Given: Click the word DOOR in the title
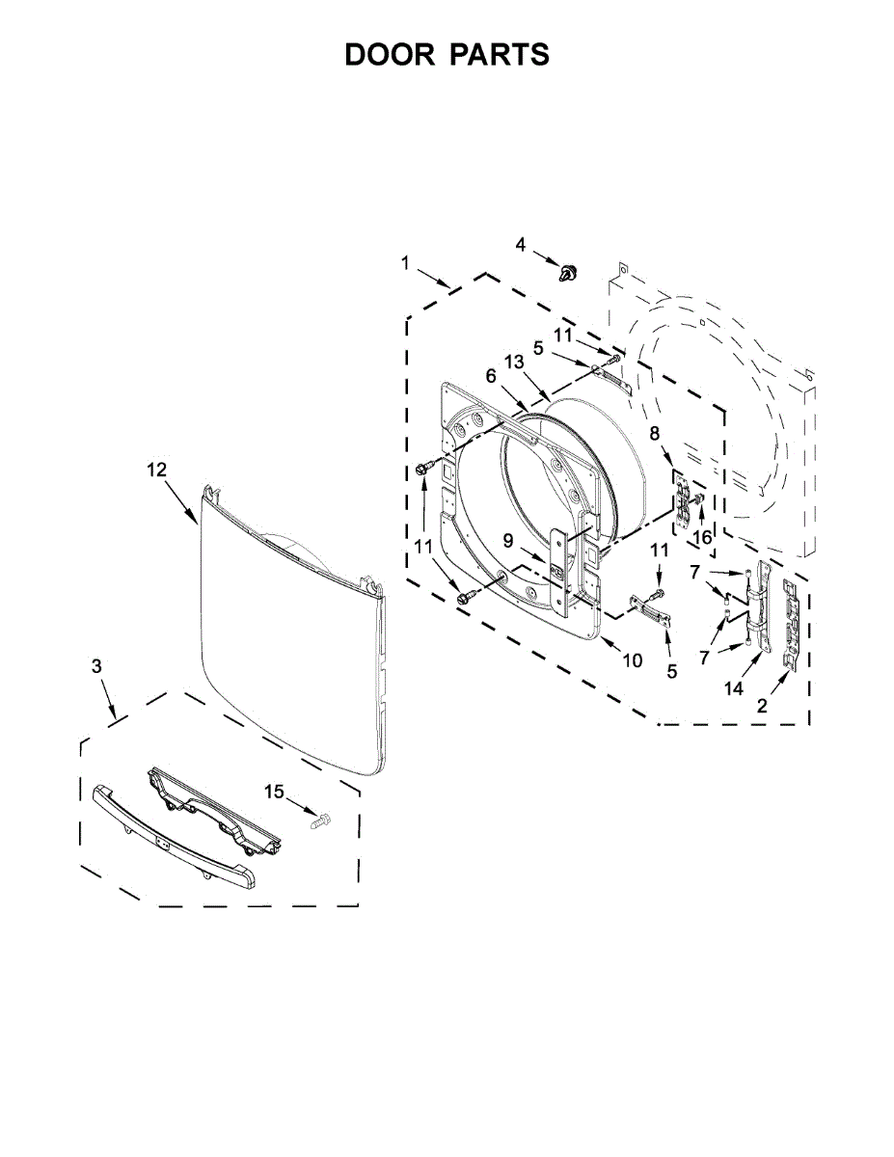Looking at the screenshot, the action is tap(390, 54).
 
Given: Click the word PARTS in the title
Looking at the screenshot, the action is tap(501, 54).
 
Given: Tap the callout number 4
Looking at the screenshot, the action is tap(520, 245).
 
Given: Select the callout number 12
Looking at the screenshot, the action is tap(157, 470).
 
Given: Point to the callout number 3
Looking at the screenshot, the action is tap(96, 666).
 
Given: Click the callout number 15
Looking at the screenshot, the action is tap(275, 792).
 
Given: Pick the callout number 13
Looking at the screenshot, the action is tap(514, 363).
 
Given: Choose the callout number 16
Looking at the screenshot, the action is tap(703, 538).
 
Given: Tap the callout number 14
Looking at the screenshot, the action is tap(733, 689).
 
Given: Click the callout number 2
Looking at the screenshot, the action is tap(763, 707).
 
